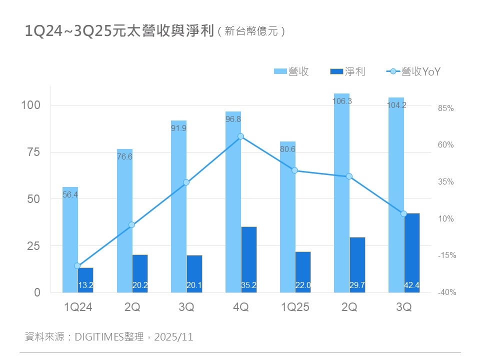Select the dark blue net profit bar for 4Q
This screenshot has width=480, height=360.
(x=249, y=260)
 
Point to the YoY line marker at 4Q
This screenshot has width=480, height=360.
(x=240, y=136)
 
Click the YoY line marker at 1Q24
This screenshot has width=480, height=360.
(x=77, y=266)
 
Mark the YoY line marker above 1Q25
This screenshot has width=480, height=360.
(x=294, y=170)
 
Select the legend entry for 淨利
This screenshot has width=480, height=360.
(x=348, y=72)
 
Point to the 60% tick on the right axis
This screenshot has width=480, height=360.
(x=446, y=145)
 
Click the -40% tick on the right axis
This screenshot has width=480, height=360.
(x=446, y=292)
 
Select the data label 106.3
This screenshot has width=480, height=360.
(x=342, y=101)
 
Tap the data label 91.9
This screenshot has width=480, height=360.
(x=178, y=128)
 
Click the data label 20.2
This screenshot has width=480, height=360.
(x=140, y=285)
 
